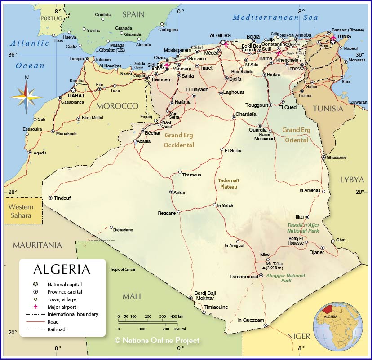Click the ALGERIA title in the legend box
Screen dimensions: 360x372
62,269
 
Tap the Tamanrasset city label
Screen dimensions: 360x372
244,277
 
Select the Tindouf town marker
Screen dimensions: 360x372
51,198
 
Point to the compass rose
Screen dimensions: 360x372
26,94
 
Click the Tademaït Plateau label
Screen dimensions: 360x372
229,183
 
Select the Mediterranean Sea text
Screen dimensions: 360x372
275,18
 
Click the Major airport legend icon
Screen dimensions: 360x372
35,307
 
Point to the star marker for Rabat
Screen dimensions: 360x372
73,90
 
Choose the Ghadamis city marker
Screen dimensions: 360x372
323,158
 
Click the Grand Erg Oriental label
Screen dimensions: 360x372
296,135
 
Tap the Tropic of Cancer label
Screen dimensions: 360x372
123,269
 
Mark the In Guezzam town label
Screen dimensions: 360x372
251,320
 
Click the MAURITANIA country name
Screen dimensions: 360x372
37,245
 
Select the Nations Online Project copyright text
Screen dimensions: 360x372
157,341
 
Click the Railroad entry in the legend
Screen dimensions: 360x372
56,329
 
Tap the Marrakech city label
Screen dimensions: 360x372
66,134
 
